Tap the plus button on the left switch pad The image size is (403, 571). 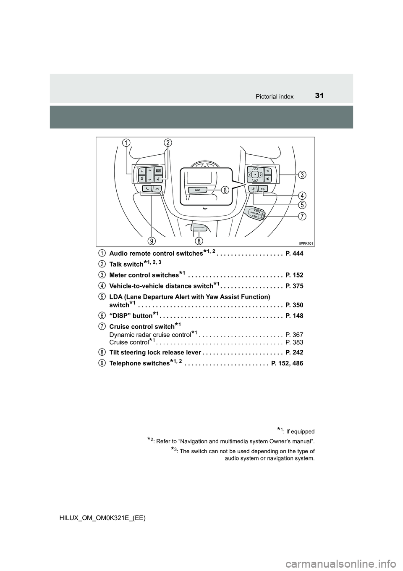point(142,171)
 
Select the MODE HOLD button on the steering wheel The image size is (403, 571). point(158,171)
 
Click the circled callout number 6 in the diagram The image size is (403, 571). point(225,190)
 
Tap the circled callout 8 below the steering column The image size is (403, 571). point(199,241)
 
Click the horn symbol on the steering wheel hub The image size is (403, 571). point(204,209)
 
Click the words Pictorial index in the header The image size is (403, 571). point(275,97)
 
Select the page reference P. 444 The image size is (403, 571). point(294,254)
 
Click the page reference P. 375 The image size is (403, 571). point(294,286)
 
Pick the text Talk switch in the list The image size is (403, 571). point(126,264)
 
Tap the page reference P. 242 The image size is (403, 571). point(294,352)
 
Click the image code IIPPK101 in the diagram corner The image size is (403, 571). point(306,243)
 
